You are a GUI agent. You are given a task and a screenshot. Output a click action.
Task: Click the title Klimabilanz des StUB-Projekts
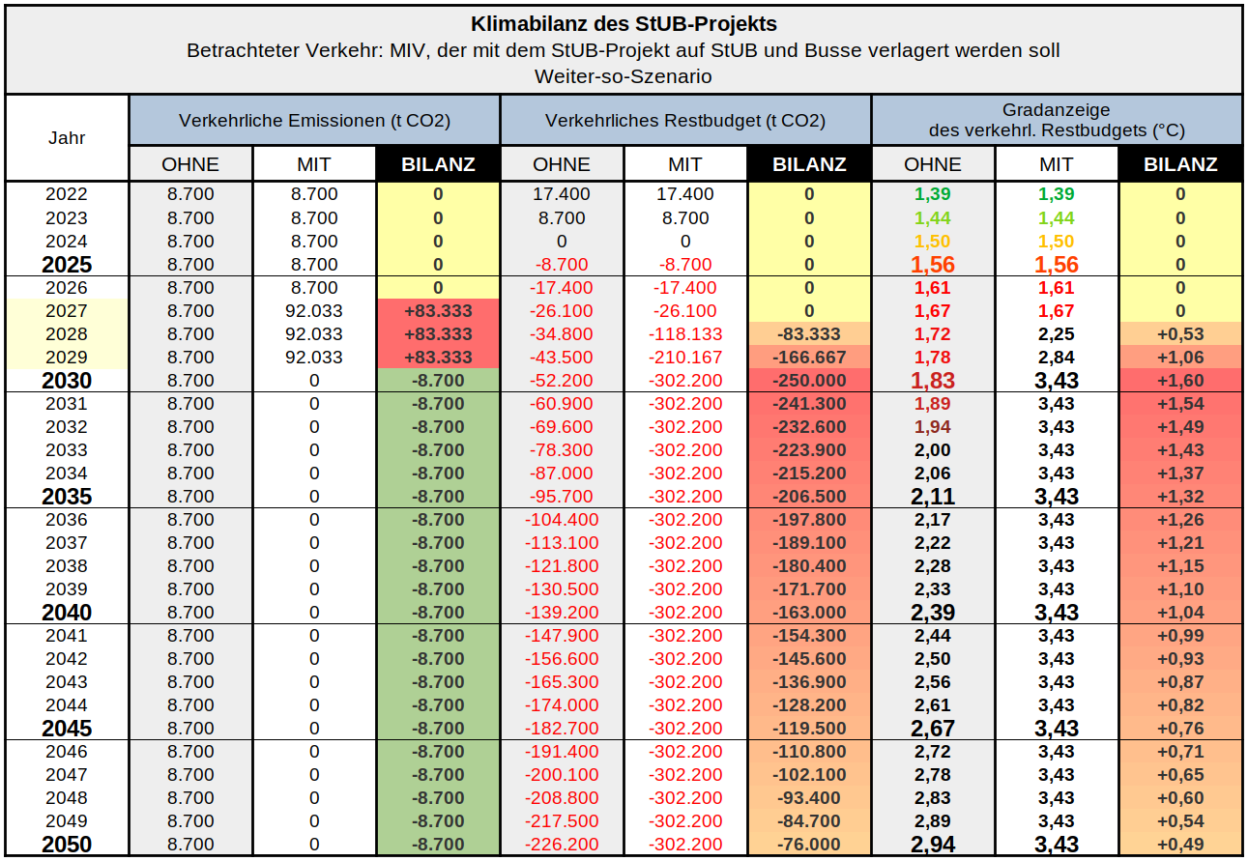pyautogui.click(x=624, y=23)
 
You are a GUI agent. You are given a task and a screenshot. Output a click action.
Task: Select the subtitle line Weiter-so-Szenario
pyautogui.click(x=624, y=75)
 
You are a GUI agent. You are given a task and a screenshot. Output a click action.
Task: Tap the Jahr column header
pyautogui.click(x=67, y=137)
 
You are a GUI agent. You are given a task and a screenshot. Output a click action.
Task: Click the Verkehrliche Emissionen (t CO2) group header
pyautogui.click(x=314, y=121)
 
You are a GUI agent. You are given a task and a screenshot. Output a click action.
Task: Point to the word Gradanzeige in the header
pyautogui.click(x=1056, y=110)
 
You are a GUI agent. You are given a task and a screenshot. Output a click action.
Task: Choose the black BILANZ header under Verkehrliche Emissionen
pyautogui.click(x=437, y=164)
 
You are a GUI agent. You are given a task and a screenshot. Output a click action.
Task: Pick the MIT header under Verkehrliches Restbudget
pyautogui.click(x=685, y=164)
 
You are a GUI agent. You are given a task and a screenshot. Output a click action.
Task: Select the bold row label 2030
pyautogui.click(x=67, y=381)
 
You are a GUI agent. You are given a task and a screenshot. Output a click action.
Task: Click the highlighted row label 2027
pyautogui.click(x=67, y=311)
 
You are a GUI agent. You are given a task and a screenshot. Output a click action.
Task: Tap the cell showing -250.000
pyautogui.click(x=809, y=381)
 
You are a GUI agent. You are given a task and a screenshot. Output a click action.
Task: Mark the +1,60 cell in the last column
pyautogui.click(x=1180, y=381)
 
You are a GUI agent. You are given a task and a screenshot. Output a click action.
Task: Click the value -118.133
pyautogui.click(x=685, y=334)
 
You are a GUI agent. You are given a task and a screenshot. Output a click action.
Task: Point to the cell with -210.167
pyautogui.click(x=685, y=358)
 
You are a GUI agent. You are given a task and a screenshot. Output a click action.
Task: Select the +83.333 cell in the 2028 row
pyautogui.click(x=437, y=334)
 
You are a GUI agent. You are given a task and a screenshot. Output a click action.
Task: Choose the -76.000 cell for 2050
pyautogui.click(x=809, y=845)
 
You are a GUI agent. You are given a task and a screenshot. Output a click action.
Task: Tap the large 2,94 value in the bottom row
pyautogui.click(x=933, y=845)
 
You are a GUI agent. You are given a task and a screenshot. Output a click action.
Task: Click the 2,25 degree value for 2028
pyautogui.click(x=1057, y=334)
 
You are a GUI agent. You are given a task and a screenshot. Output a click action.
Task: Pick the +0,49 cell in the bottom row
pyautogui.click(x=1180, y=845)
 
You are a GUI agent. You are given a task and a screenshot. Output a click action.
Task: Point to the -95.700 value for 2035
pyautogui.click(x=562, y=497)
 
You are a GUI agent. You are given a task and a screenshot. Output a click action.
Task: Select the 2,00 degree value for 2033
pyautogui.click(x=933, y=450)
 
